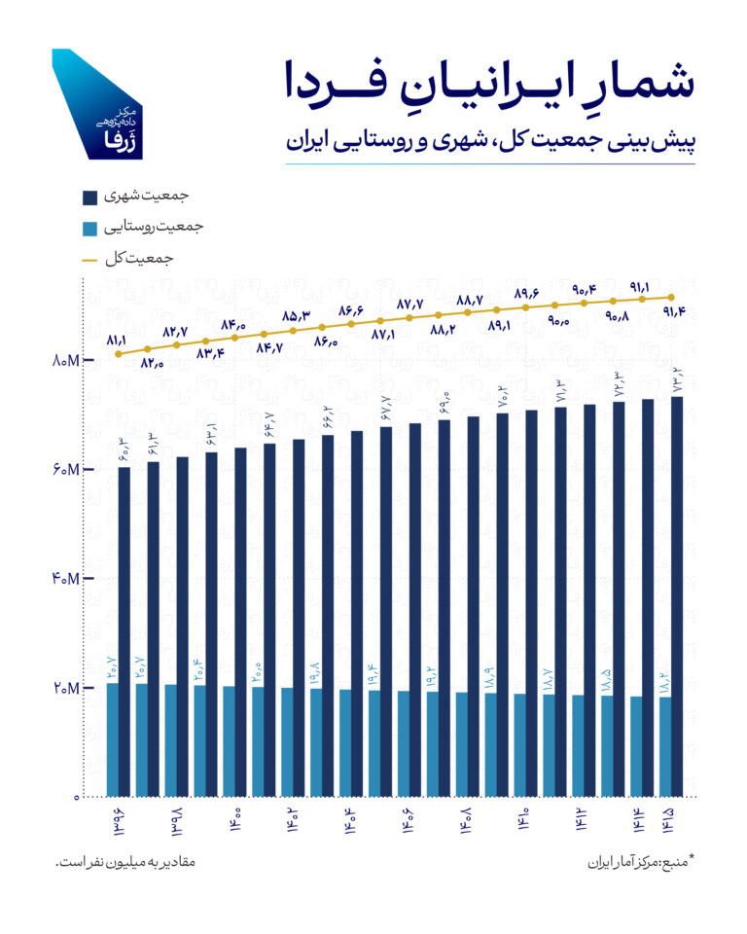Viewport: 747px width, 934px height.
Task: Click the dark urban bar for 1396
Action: click(x=124, y=584)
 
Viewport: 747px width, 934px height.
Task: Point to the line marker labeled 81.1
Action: click(x=119, y=354)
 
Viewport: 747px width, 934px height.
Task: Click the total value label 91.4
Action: click(x=673, y=312)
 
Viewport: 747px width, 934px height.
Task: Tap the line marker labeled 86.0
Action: click(x=322, y=327)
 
